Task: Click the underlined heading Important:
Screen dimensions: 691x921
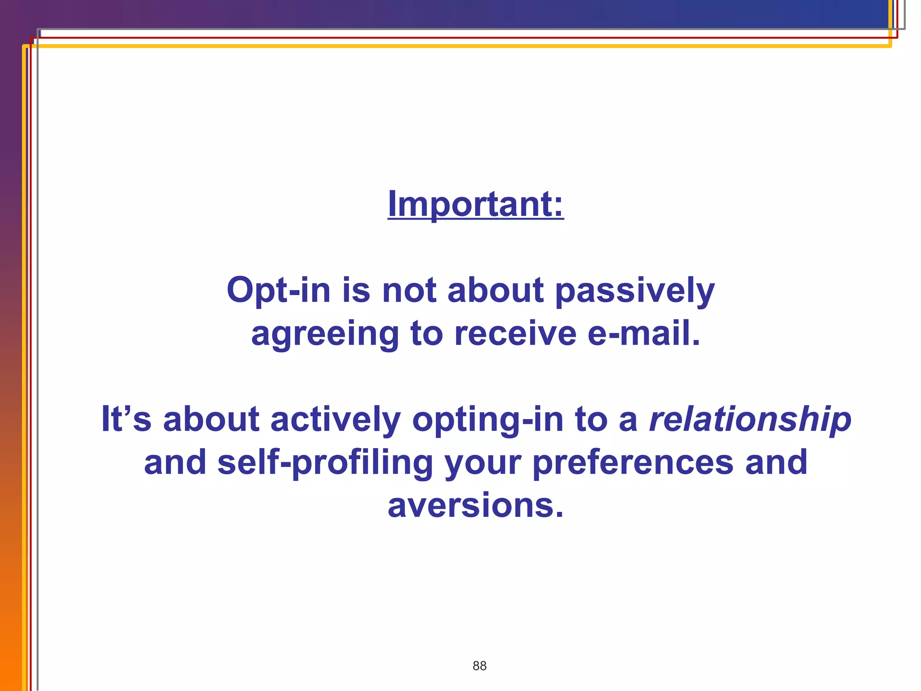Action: click(x=475, y=204)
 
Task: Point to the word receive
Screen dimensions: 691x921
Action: click(x=515, y=334)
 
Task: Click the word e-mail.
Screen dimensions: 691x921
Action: click(x=644, y=334)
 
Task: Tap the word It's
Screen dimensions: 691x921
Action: click(x=126, y=419)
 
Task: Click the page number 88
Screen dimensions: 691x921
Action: click(x=479, y=666)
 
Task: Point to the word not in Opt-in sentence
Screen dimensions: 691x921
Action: click(x=409, y=291)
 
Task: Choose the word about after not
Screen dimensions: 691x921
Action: click(x=496, y=291)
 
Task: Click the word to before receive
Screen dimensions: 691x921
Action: click(x=426, y=334)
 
